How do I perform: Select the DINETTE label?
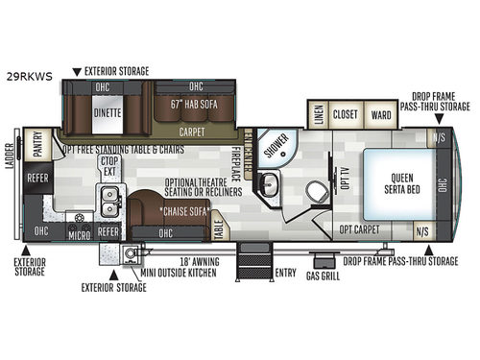[108, 111]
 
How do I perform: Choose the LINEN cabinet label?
[319, 115]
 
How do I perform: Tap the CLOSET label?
[346, 115]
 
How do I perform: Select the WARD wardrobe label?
[380, 115]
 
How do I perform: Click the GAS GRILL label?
[323, 275]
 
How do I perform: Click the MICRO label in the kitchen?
[80, 232]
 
